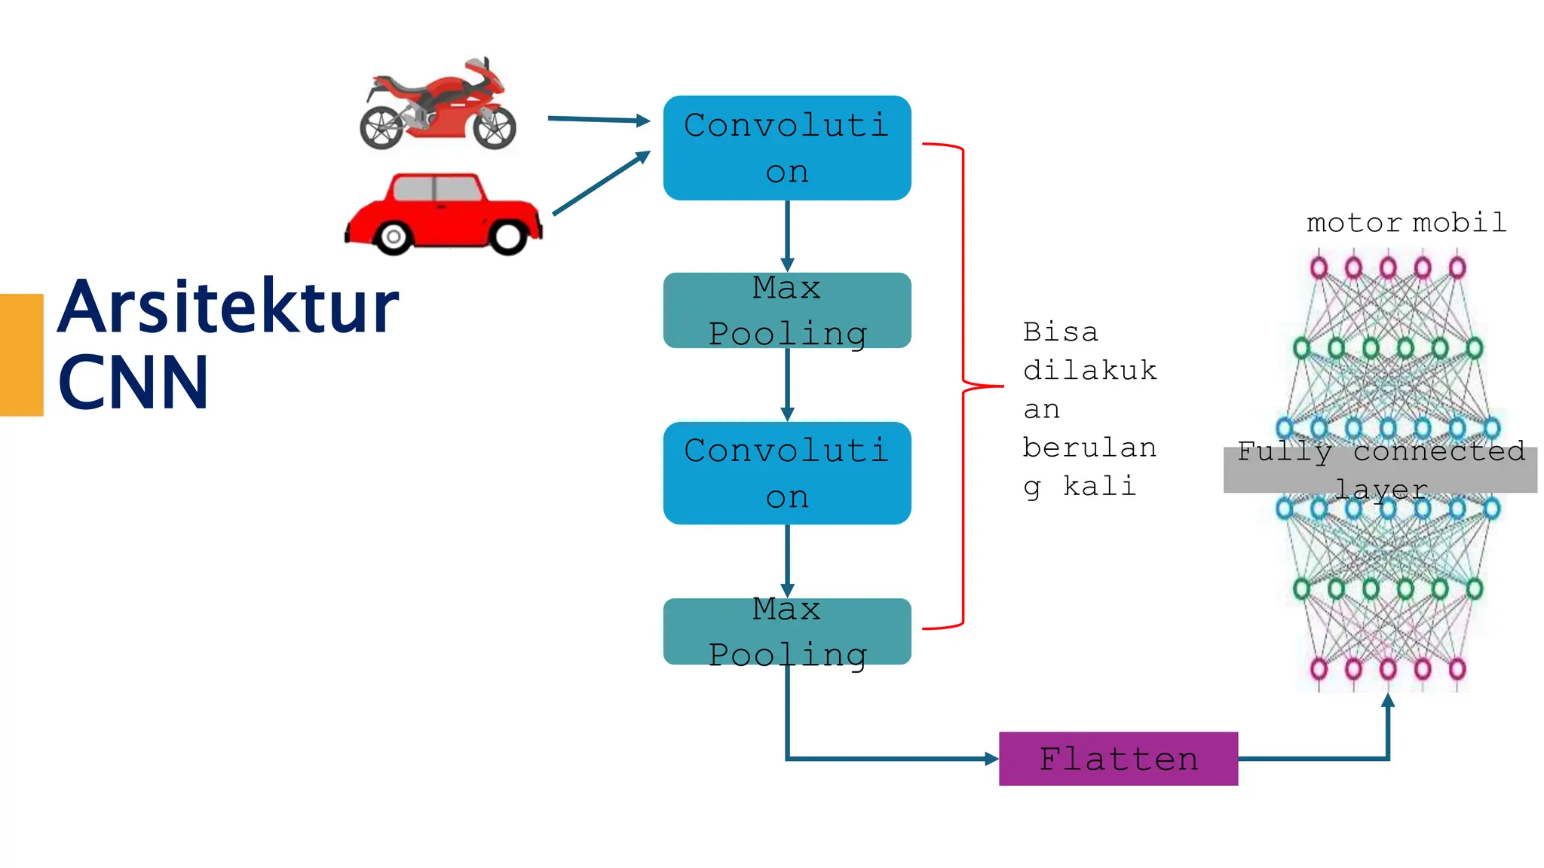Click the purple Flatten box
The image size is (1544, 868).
point(1118,758)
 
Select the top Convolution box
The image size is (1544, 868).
point(787,148)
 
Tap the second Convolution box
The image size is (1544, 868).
point(787,473)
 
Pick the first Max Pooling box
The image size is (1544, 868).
point(787,310)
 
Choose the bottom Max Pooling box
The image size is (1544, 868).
point(787,631)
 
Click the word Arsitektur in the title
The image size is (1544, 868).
point(228,307)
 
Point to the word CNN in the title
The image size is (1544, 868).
point(133,383)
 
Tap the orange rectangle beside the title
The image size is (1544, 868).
point(21,354)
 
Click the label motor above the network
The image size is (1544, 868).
point(1353,223)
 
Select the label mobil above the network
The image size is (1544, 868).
point(1459,223)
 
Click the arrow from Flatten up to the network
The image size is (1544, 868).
point(1387,731)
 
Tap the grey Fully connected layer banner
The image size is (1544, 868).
point(1380,470)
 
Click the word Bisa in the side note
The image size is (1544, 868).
point(1060,332)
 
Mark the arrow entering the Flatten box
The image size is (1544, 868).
point(890,759)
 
